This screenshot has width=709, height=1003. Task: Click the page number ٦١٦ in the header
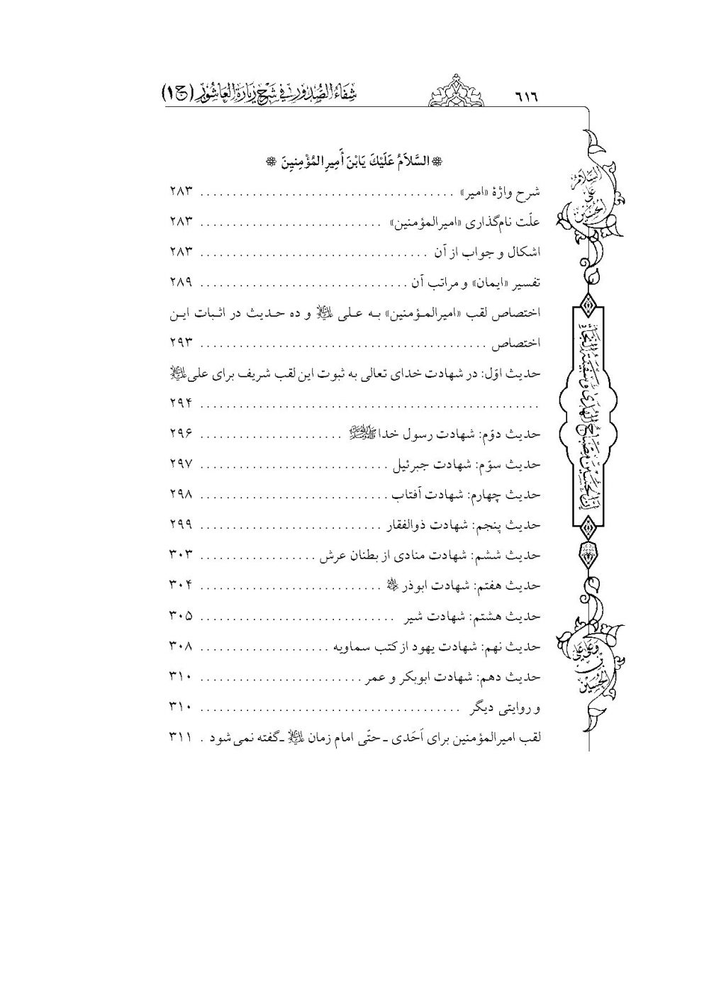pos(527,96)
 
